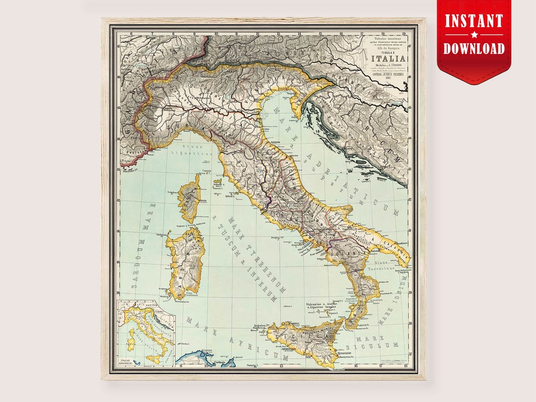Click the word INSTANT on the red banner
[x=474, y=21]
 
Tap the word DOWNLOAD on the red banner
[x=474, y=48]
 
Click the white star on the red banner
[x=474, y=35]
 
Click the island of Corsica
[x=189, y=201]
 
